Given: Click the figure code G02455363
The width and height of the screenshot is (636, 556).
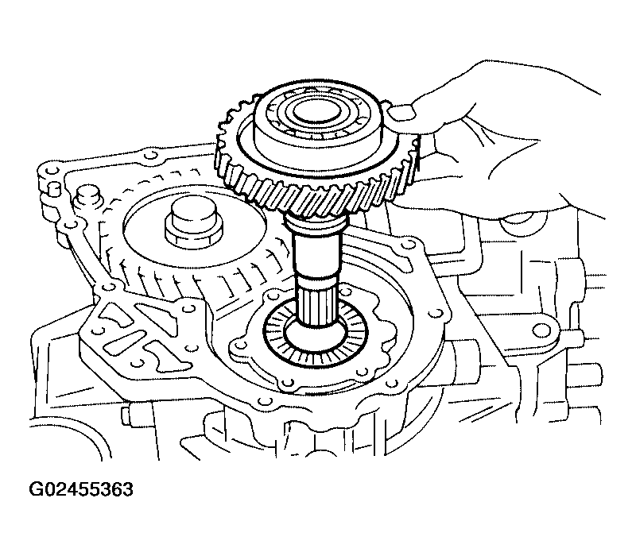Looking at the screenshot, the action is pos(81,489).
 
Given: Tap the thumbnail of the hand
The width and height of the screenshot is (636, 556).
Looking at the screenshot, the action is pos(401,112).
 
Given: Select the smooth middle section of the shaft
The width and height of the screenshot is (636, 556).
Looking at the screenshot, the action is pos(317,254).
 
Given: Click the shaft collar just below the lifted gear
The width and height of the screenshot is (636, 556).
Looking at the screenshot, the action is pos(317,221).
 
